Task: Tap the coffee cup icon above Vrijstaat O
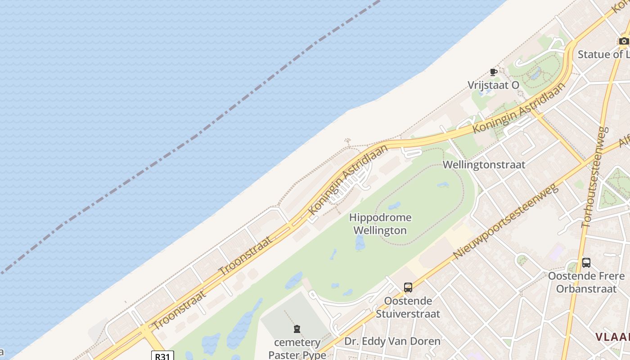[x=494, y=72]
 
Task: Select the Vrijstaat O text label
[x=493, y=85]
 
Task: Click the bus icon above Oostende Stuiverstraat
[x=408, y=287]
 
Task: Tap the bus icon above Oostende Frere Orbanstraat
[x=586, y=263]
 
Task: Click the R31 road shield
[x=162, y=356]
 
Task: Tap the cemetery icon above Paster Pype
[x=297, y=329]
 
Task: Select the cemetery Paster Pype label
[x=297, y=348]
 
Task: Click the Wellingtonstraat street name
[x=484, y=165]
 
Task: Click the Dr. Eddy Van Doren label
[x=392, y=341]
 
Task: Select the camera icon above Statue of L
[x=624, y=41]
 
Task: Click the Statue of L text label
[x=603, y=54]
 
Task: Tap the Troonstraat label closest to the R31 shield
[x=180, y=310]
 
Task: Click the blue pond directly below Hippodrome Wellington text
[x=360, y=243]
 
